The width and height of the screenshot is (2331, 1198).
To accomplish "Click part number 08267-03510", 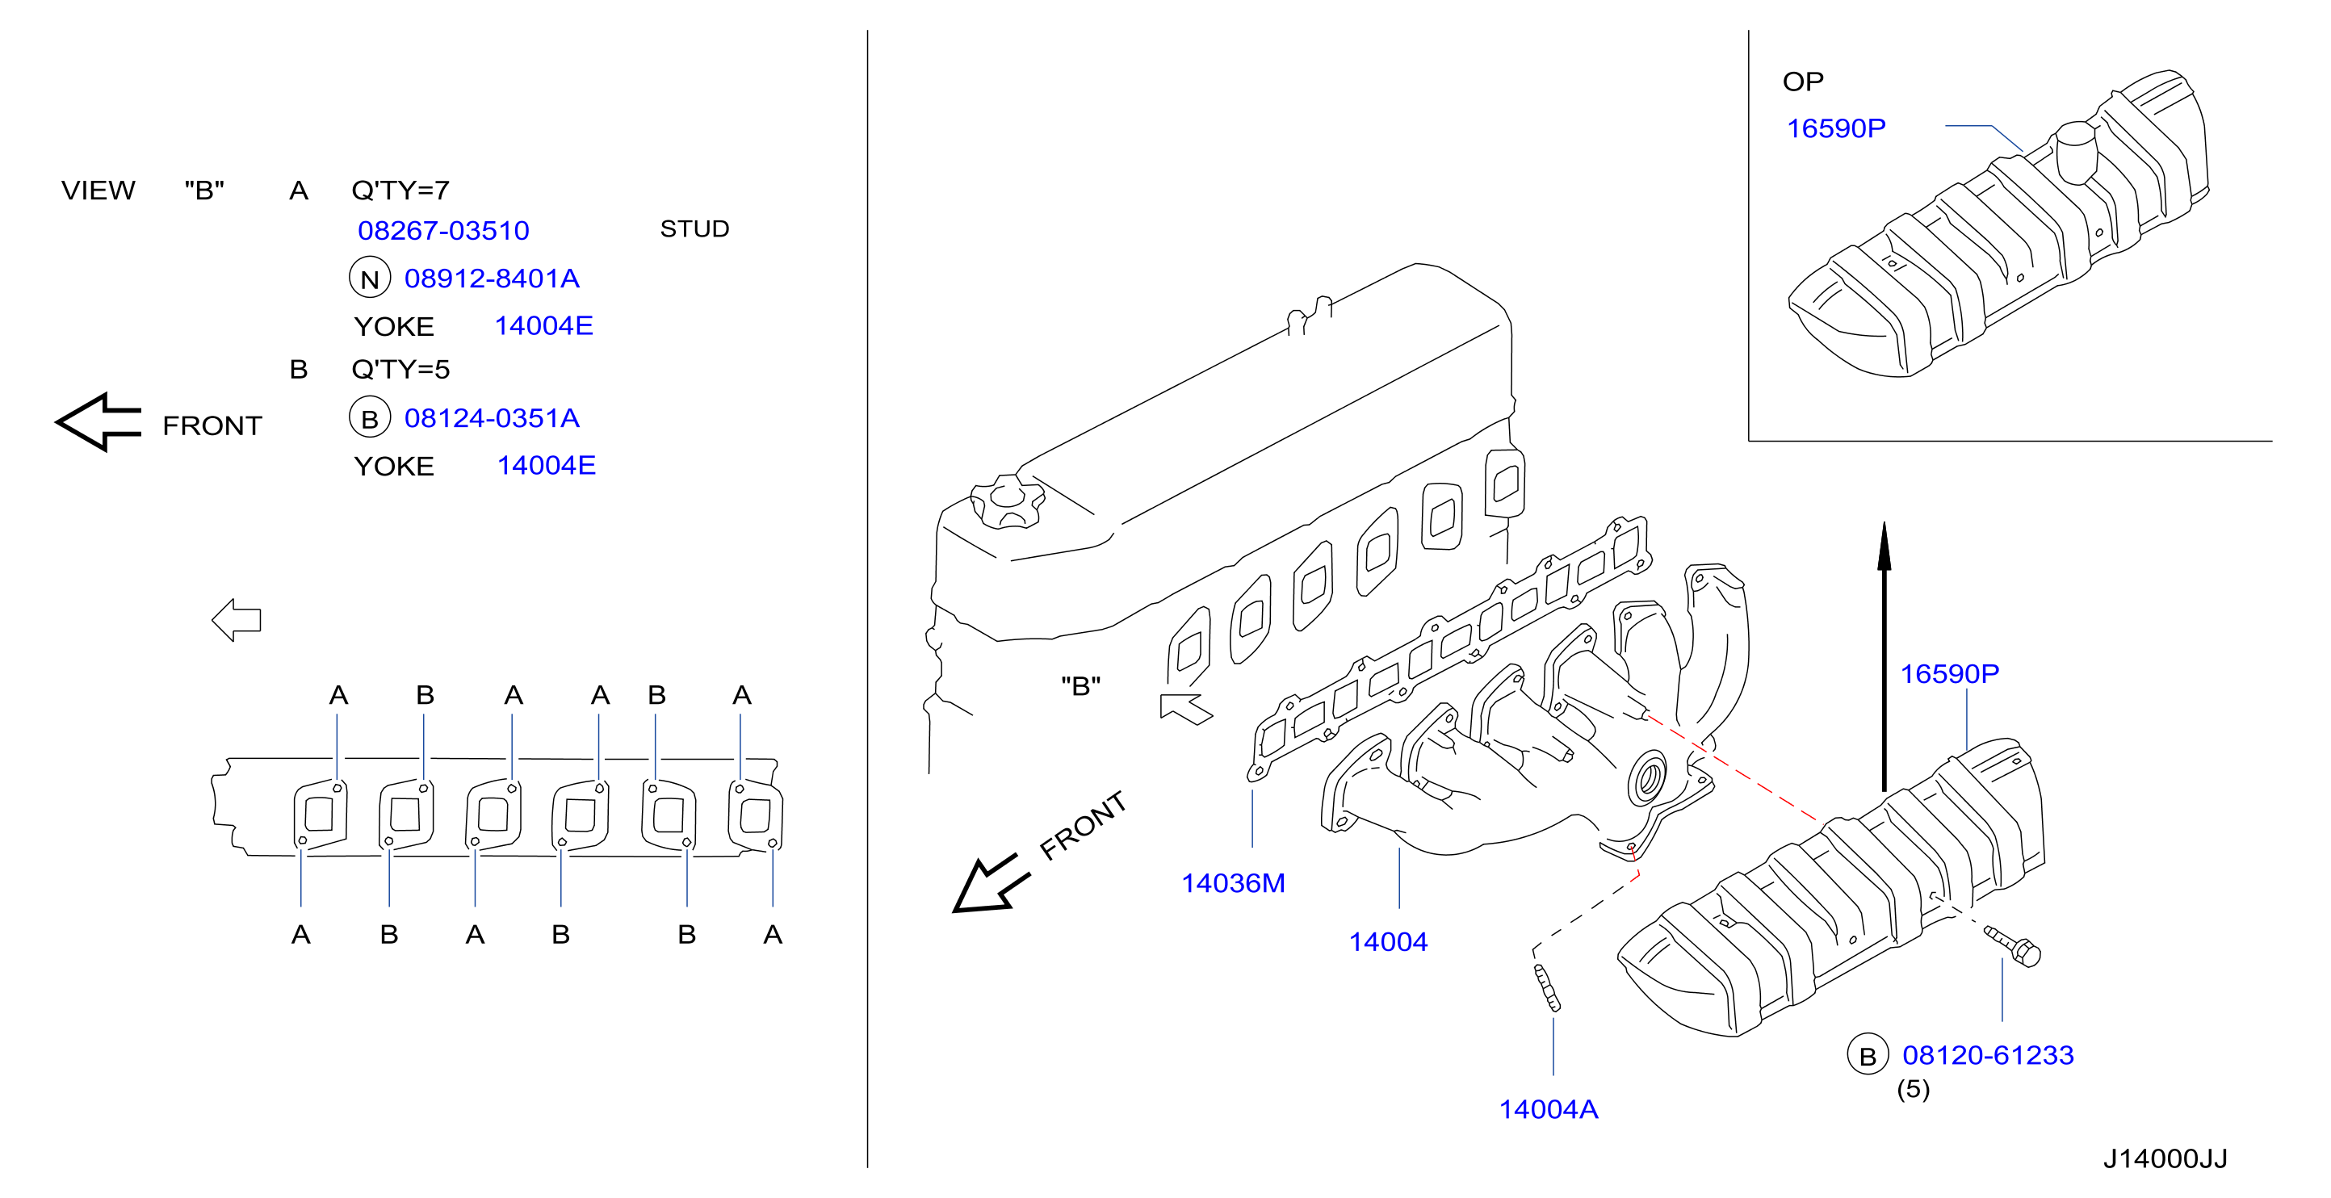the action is (x=443, y=230).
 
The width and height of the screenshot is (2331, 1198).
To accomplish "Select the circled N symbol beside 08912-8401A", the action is (x=369, y=278).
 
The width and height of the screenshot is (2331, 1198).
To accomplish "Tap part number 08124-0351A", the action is (x=492, y=417).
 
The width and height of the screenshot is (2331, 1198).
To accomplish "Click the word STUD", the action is (x=694, y=229).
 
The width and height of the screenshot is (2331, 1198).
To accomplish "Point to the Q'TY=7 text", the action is (x=400, y=190).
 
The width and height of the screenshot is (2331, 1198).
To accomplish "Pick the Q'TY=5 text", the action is (x=400, y=369).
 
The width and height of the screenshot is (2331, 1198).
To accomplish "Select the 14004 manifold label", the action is (x=1388, y=941).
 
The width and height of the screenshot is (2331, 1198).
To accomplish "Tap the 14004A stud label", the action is (x=1549, y=1108).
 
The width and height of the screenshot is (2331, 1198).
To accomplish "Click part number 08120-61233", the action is (x=1987, y=1054).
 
